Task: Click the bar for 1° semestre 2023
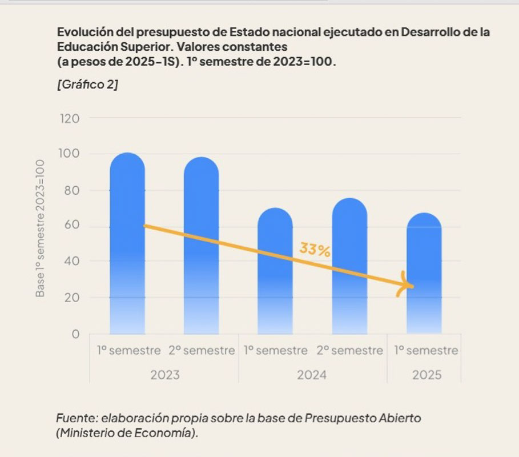127,246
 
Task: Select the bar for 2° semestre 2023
201,246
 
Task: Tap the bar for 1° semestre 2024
275,274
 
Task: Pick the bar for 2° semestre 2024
349,268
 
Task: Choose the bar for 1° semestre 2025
423,274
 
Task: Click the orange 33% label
315,250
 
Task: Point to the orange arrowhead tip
413,286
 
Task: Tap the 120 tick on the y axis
69,119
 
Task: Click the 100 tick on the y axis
69,154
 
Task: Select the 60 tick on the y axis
72,226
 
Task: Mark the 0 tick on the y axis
75,334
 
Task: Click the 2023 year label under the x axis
164,375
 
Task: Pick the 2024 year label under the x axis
312,375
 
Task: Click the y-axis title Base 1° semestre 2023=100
40,227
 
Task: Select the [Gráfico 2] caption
87,85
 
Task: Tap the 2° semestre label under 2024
349,351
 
